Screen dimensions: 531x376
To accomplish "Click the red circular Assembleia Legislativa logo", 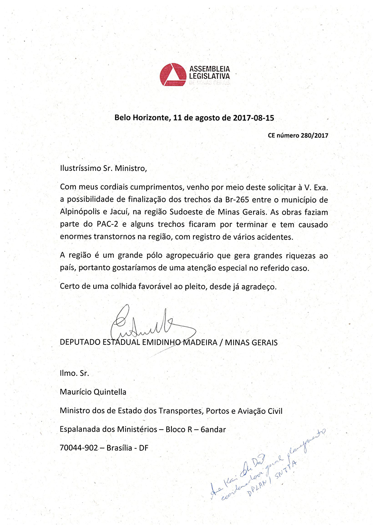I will (173, 74).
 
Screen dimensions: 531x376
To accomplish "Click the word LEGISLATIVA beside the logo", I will (209, 76).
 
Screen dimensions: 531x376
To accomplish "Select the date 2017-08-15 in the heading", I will (253, 118).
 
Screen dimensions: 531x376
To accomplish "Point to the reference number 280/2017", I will (314, 135).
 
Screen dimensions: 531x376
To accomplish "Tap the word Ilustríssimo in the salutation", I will (80, 168).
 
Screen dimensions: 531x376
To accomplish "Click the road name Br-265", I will (237, 200).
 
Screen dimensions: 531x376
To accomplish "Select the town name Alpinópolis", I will (80, 212).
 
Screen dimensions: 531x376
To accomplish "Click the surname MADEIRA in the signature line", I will (200, 342).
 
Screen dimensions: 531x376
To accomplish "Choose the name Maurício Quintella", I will (93, 392).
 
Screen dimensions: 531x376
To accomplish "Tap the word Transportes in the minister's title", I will (180, 411).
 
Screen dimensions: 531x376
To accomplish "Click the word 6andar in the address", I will (213, 429).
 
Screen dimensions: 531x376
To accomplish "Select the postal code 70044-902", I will (79, 448).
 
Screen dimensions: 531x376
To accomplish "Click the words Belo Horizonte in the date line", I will (142, 118).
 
